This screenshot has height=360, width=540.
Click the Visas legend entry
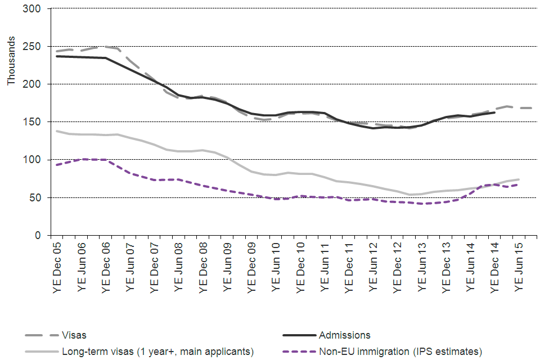pos(75,335)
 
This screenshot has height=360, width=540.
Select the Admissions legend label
pos(344,335)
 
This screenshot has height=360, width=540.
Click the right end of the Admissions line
pos(494,112)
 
